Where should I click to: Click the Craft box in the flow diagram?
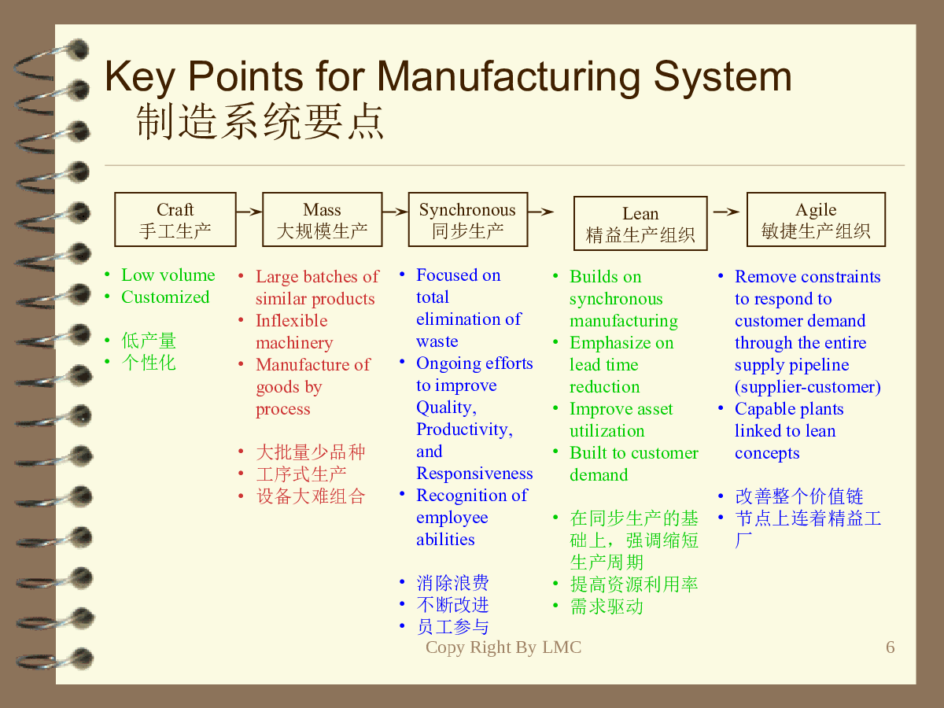coord(175,219)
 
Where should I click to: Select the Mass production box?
coord(322,219)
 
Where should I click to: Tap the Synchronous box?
coord(468,219)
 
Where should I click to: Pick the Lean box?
coord(640,223)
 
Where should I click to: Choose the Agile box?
coord(816,219)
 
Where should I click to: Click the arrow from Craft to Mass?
coord(249,212)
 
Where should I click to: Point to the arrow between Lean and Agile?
coord(726,212)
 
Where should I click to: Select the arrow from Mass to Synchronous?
coord(395,212)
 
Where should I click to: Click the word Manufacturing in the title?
coord(509,77)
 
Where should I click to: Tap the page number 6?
coord(891,647)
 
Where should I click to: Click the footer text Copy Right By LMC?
coord(503,647)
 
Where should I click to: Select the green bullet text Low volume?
coord(168,275)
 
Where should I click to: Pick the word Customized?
coord(165,297)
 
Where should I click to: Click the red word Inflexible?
coord(292,321)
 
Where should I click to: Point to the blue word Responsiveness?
coord(474,474)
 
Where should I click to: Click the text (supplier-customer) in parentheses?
coord(808,387)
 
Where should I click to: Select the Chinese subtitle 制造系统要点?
coord(260,122)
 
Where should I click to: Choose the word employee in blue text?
coord(452,518)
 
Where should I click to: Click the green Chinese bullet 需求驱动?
coord(607,607)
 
